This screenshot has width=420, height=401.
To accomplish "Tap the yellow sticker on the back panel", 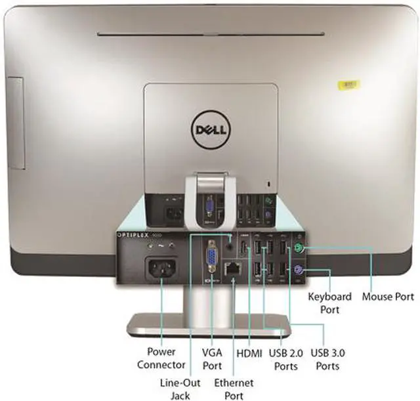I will [348, 85].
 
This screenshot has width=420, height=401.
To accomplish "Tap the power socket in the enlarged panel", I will [160, 270].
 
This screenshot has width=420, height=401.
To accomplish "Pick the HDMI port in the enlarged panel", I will [241, 249].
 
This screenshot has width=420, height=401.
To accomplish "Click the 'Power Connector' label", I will [161, 358].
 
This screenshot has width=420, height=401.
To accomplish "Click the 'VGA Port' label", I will [212, 358].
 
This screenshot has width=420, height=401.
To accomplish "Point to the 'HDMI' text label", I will [249, 353].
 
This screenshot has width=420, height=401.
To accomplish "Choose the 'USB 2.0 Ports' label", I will [284, 359].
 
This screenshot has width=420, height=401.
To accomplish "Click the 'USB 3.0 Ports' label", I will [328, 359].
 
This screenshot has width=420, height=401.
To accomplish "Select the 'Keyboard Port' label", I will [329, 303].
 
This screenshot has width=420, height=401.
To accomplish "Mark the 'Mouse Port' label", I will [388, 297].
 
